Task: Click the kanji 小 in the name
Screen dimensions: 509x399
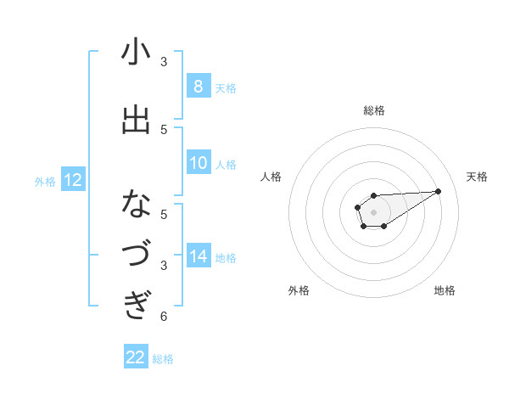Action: click(x=136, y=53)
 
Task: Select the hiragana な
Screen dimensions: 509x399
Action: click(x=136, y=204)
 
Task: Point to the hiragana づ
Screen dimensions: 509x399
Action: click(x=136, y=254)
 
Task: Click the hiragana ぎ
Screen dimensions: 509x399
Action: click(x=136, y=303)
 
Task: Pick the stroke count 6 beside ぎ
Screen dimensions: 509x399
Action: click(x=164, y=317)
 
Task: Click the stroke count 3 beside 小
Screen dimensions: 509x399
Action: click(x=164, y=61)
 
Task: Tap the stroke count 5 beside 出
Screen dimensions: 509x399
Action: click(x=164, y=129)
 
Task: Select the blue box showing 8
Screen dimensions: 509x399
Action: click(x=198, y=86)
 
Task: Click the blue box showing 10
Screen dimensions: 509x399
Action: click(x=198, y=163)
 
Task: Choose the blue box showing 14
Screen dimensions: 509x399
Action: click(x=198, y=256)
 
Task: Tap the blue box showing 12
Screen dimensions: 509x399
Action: click(x=72, y=179)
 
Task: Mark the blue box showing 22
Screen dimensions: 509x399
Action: click(x=136, y=357)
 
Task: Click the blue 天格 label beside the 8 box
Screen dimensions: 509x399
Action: click(x=226, y=87)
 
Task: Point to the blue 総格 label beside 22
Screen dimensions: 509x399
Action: click(x=163, y=359)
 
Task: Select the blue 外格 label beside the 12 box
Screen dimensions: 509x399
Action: click(x=45, y=181)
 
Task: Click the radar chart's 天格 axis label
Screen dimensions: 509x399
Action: click(x=477, y=177)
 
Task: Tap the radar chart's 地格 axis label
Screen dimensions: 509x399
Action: click(x=445, y=290)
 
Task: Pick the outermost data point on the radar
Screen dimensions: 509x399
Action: click(x=439, y=191)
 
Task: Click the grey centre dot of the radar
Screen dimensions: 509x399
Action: click(x=373, y=211)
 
